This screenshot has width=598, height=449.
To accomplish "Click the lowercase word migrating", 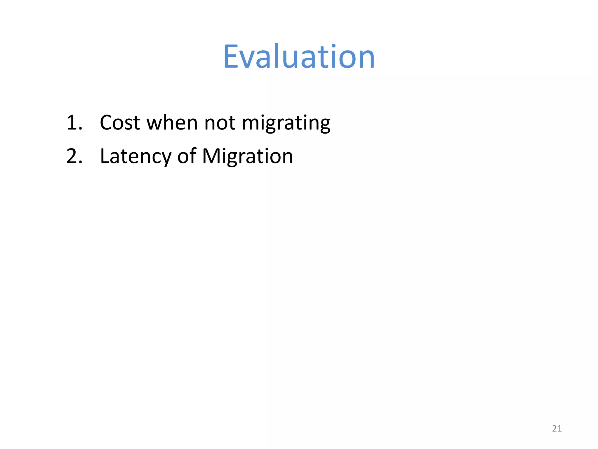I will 286,123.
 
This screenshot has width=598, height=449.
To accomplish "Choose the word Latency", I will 135,156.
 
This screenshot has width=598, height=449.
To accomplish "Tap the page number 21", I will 557,429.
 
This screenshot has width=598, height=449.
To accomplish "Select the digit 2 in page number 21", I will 554,429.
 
